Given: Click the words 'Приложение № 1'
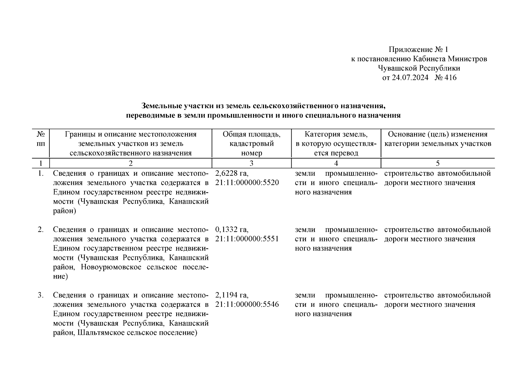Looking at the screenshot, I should point(419,49).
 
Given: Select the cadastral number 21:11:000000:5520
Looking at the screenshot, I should point(247,182).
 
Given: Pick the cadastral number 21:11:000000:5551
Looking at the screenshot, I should point(247,239).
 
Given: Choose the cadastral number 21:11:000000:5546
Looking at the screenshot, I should point(247,304).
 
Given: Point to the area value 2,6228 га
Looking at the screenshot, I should point(232,173).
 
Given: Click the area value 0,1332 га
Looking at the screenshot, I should point(232,230).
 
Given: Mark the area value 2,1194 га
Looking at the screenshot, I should point(232,295).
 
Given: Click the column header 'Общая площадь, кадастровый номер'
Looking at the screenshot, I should point(252,144).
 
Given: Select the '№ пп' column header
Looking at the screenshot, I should point(41,139).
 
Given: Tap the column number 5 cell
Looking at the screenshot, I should point(438,163).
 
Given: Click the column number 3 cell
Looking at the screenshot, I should point(251,163).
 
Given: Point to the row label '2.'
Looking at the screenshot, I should point(41,230).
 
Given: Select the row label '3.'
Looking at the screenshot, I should point(41,295).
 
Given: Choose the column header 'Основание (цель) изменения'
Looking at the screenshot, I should point(438,134).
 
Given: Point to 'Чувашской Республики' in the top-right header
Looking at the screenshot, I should point(419,68).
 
